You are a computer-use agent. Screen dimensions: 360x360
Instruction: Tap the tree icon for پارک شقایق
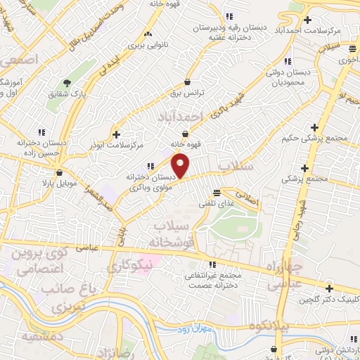[x=67, y=83]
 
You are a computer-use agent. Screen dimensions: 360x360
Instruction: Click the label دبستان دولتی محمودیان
[x=285, y=77]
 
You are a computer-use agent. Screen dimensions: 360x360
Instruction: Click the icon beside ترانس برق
[x=186, y=82]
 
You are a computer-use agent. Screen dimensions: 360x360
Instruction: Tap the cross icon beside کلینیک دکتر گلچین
[x=329, y=288]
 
